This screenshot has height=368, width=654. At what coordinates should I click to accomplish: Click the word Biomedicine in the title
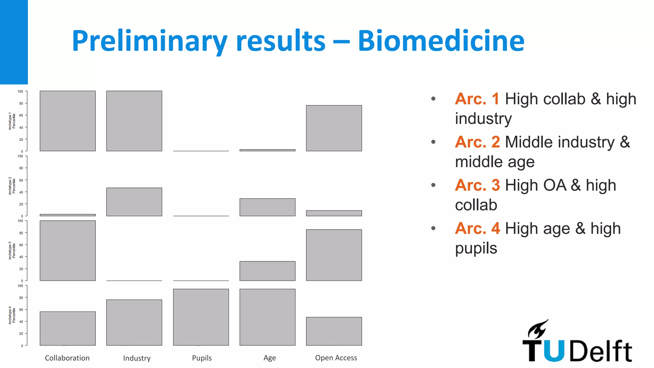[x=441, y=41]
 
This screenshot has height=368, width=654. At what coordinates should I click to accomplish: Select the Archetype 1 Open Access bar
[x=334, y=128]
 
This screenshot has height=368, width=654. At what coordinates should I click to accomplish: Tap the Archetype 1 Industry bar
[x=134, y=121]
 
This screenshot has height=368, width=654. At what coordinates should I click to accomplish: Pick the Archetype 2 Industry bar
[x=134, y=202]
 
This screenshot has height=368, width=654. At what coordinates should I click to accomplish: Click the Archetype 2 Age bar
[x=267, y=207]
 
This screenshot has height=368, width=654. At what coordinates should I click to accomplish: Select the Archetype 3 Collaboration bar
[x=68, y=251]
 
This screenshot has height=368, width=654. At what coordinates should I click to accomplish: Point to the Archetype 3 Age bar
[x=267, y=271]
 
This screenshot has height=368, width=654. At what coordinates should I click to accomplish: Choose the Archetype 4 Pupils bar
[x=201, y=317]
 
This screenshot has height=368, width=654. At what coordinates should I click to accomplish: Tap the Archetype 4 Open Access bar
[x=334, y=331]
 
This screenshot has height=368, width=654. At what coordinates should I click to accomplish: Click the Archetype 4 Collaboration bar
[x=68, y=328]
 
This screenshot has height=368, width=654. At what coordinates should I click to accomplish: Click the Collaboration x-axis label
[x=67, y=358]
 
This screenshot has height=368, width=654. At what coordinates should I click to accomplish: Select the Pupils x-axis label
[x=202, y=358]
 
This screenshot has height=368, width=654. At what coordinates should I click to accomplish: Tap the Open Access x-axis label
[x=336, y=358]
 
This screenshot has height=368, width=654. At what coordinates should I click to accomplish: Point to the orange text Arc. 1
[x=477, y=99]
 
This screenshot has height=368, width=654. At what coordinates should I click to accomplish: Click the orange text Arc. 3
[x=477, y=185]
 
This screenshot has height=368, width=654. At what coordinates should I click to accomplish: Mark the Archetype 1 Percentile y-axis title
[x=12, y=121]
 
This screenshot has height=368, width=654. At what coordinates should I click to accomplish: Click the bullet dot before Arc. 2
[x=433, y=142]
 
